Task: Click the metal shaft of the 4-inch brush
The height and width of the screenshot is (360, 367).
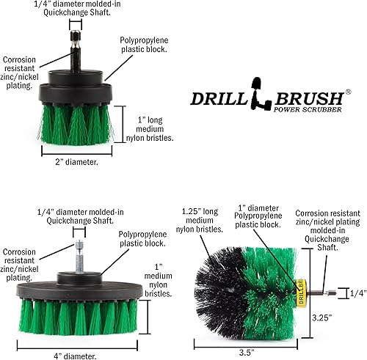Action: (76, 253)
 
